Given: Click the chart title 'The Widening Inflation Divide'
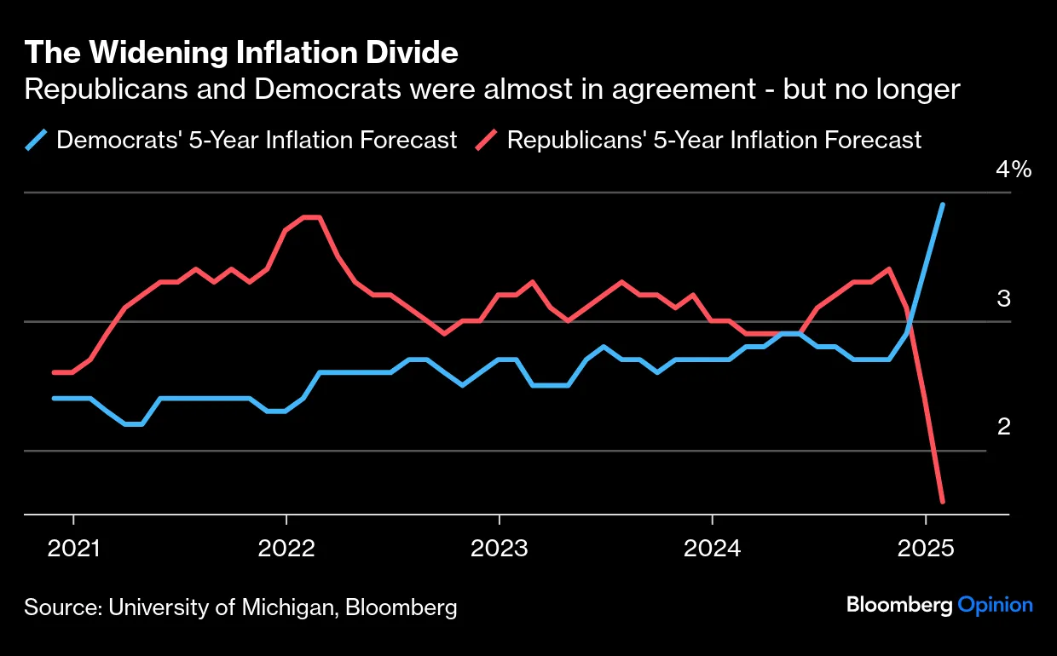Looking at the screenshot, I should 241,53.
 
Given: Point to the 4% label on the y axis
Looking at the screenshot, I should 1014,170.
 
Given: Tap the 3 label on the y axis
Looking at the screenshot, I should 1003,299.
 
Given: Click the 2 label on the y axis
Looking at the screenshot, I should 1003,426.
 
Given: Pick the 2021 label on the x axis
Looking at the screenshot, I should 74,547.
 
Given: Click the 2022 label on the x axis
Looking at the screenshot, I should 286,547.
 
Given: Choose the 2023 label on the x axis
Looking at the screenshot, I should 499,547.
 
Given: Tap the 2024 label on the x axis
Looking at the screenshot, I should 712,547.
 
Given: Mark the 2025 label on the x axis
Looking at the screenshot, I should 924,547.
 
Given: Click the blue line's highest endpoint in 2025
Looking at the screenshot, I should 942,204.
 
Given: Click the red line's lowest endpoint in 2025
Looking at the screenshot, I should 942,501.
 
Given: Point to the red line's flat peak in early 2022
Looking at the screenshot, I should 311,218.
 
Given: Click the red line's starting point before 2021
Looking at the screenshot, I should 55,372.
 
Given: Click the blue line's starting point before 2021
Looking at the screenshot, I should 55,398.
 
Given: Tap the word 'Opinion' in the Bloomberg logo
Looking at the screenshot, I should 995,605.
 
